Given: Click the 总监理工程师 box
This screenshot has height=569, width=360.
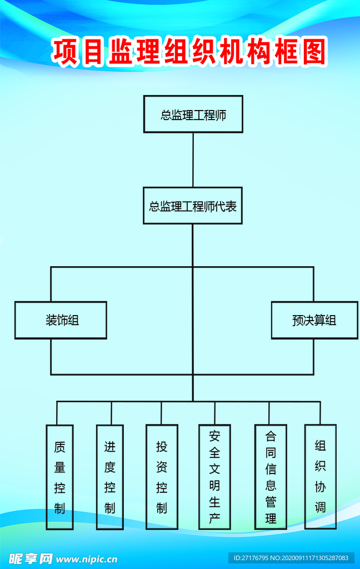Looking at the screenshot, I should pos(193,114).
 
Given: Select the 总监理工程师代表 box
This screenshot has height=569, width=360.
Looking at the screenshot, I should pos(193,206).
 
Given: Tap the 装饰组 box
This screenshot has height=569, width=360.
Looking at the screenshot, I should pos(61,320).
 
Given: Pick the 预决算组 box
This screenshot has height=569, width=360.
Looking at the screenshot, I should pos(314,320).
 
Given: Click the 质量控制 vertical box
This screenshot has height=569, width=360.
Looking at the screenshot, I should pos(60,477).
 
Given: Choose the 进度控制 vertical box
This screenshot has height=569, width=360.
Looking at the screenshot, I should pos(110,477).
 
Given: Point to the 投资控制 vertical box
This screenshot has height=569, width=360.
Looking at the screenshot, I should pos(162,477).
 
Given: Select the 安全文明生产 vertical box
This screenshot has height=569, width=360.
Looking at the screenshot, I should pos(215,477).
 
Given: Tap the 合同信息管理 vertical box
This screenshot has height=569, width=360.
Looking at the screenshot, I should pos(271,477).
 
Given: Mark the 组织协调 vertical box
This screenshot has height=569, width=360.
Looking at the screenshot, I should pos(321,476).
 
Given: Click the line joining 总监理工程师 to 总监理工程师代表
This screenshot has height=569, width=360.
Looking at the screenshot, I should pos(193,159).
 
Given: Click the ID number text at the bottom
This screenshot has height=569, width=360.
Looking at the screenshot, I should pos(291,558).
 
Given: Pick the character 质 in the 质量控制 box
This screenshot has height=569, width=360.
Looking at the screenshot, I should pos(60,447).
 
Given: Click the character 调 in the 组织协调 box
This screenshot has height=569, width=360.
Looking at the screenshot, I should pos(321,506).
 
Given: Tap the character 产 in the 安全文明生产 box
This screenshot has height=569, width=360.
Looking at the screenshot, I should pos(215,520).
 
